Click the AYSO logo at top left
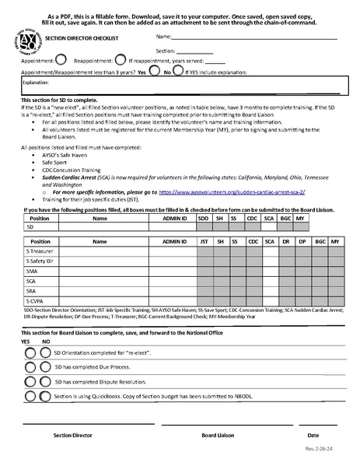click(x=30, y=44)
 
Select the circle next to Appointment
click(x=62, y=58)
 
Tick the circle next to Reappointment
click(x=120, y=58)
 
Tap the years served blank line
click(x=215, y=60)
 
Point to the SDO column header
click(x=204, y=219)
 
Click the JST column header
click(x=204, y=242)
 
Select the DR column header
click(x=285, y=242)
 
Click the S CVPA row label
click(x=33, y=300)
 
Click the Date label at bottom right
click(x=313, y=436)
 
